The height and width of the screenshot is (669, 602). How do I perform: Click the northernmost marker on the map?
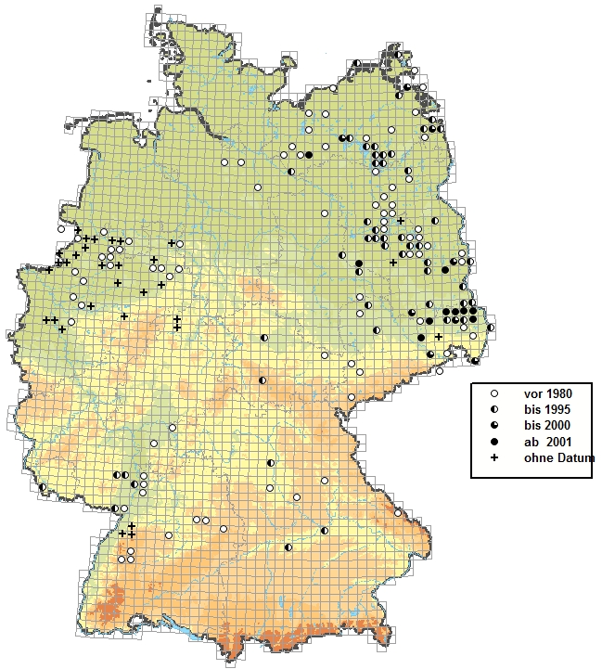(397, 55)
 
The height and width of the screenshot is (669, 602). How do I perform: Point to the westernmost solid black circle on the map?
(307, 155)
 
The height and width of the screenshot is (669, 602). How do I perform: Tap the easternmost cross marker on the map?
(438, 337)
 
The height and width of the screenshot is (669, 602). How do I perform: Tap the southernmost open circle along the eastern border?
(440, 371)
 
